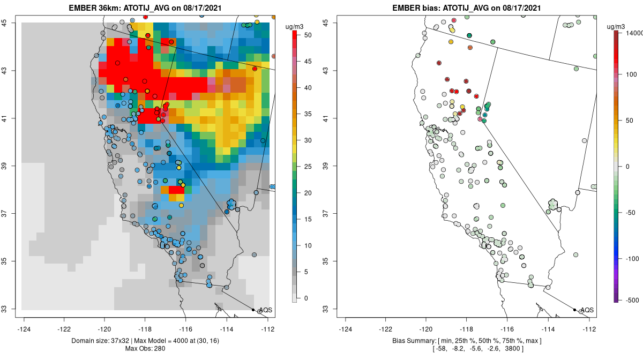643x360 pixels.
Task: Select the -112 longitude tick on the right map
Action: pyautogui.click(x=589, y=329)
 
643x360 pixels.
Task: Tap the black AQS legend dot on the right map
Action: pyautogui.click(x=574, y=310)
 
